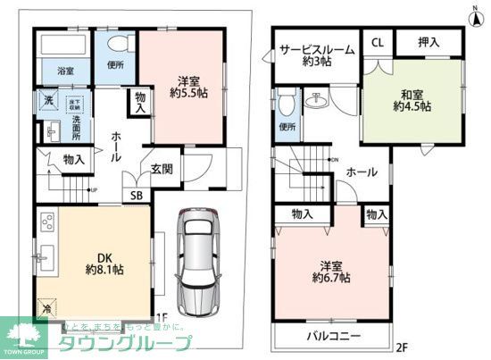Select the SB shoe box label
point(138,196)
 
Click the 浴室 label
point(65,70)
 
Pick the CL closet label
point(378,42)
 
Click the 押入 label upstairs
point(429,42)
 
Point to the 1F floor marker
point(160,317)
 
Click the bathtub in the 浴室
point(62,45)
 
